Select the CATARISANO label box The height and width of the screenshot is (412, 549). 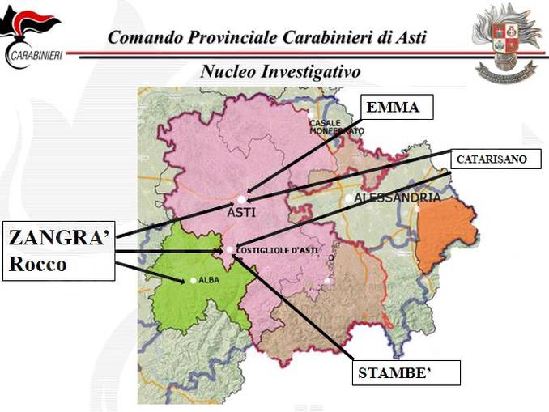click(492, 159)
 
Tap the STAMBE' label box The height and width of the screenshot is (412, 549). click(407, 372)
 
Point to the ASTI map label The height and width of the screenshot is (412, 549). click(241, 212)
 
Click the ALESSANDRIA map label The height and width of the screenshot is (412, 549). click(398, 198)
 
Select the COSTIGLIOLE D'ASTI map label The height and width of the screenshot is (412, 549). click(277, 250)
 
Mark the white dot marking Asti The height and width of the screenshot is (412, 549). click(240, 198)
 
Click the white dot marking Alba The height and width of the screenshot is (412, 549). click(193, 280)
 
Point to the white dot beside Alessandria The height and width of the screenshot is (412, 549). click(348, 198)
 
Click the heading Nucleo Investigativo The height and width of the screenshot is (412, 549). click(280, 71)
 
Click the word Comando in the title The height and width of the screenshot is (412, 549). click(143, 37)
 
